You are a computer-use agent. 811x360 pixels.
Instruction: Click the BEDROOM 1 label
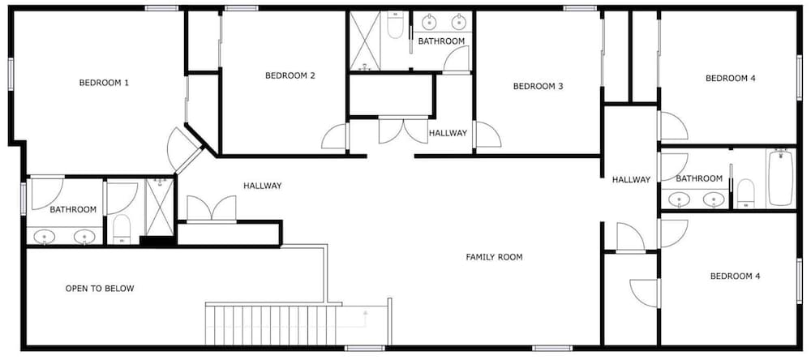(104, 82)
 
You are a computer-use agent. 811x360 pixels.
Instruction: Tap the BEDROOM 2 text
(290, 75)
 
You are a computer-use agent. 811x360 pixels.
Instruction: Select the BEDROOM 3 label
(538, 87)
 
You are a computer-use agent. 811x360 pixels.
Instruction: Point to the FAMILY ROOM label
(494, 256)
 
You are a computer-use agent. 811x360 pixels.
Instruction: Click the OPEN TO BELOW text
(100, 289)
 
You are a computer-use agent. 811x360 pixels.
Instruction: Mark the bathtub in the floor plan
(781, 178)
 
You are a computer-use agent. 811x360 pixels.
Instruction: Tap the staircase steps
(271, 325)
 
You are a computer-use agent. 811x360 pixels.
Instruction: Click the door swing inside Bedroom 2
(335, 137)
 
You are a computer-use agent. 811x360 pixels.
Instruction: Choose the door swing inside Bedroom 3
(487, 135)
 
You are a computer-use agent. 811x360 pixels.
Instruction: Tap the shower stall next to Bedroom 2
(365, 41)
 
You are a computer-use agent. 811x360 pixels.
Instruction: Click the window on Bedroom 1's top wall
(162, 8)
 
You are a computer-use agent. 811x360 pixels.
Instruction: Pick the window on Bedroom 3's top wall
(581, 8)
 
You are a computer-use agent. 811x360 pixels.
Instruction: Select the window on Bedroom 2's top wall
(242, 8)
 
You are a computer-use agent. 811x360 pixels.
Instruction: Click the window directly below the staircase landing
(365, 348)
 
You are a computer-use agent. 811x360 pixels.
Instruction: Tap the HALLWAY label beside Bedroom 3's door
(448, 133)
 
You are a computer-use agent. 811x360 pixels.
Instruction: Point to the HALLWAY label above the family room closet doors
(263, 186)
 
